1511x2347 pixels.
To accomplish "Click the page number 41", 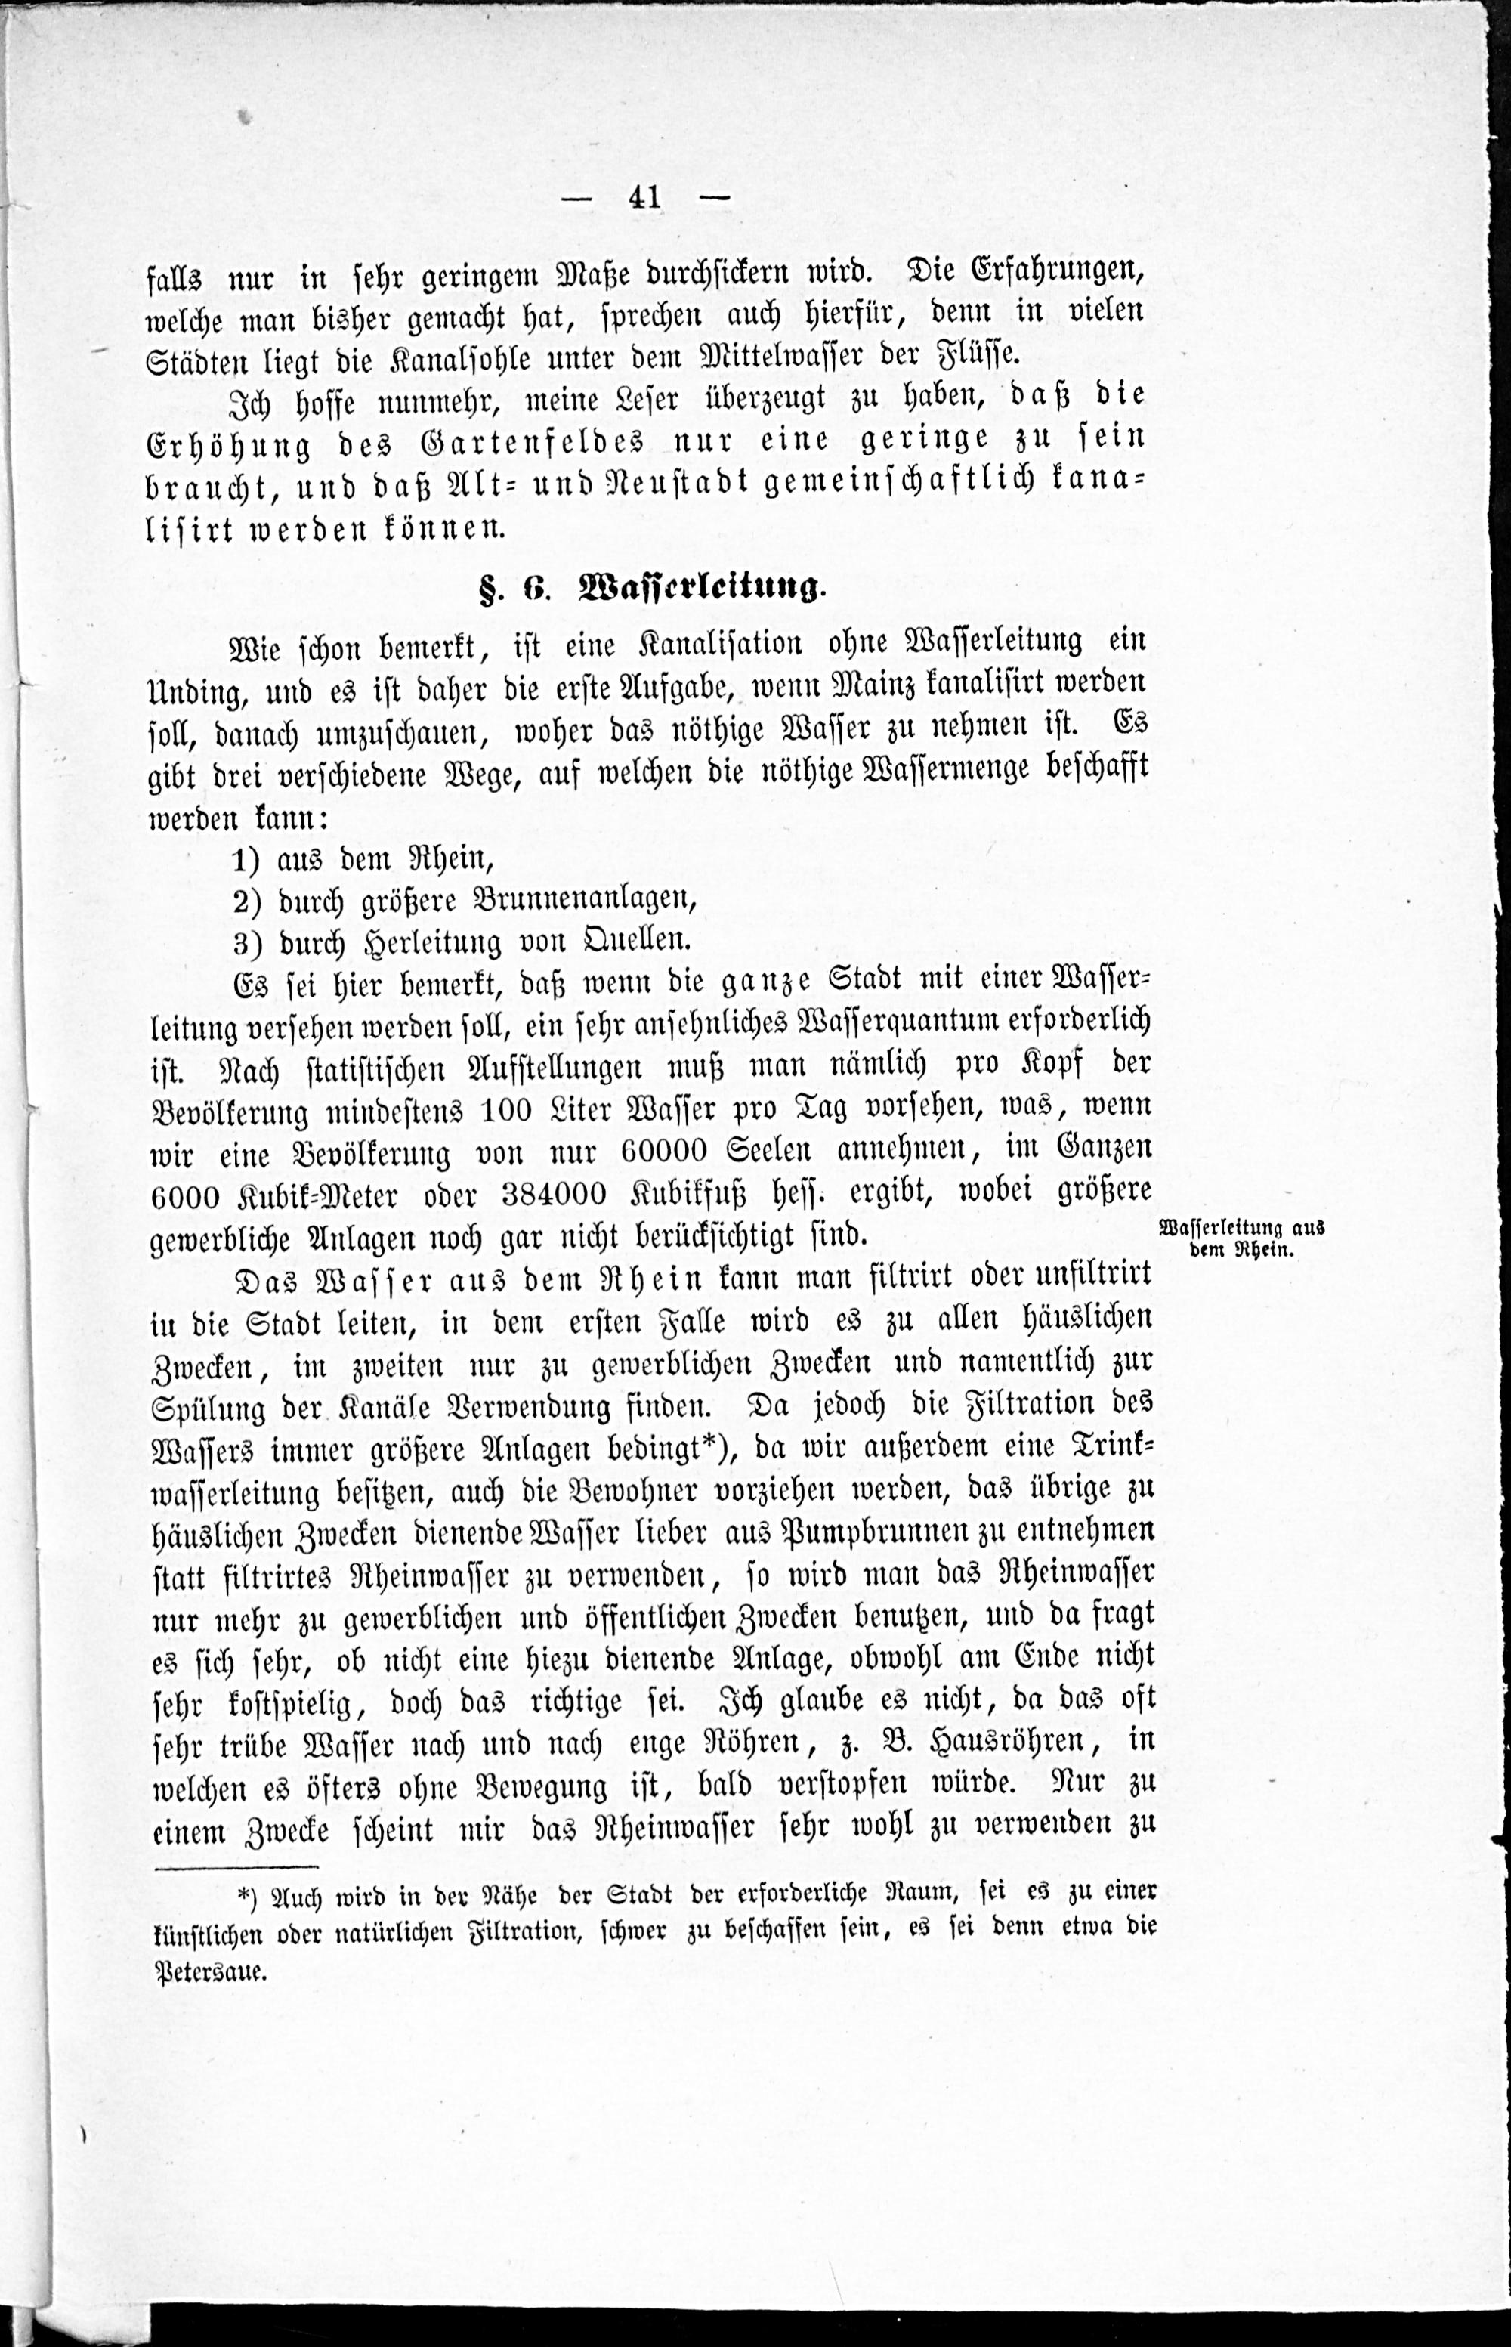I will click(x=644, y=198).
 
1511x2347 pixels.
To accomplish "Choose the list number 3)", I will click(x=246, y=943).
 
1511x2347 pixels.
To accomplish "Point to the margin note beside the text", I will click(x=1242, y=1238).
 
